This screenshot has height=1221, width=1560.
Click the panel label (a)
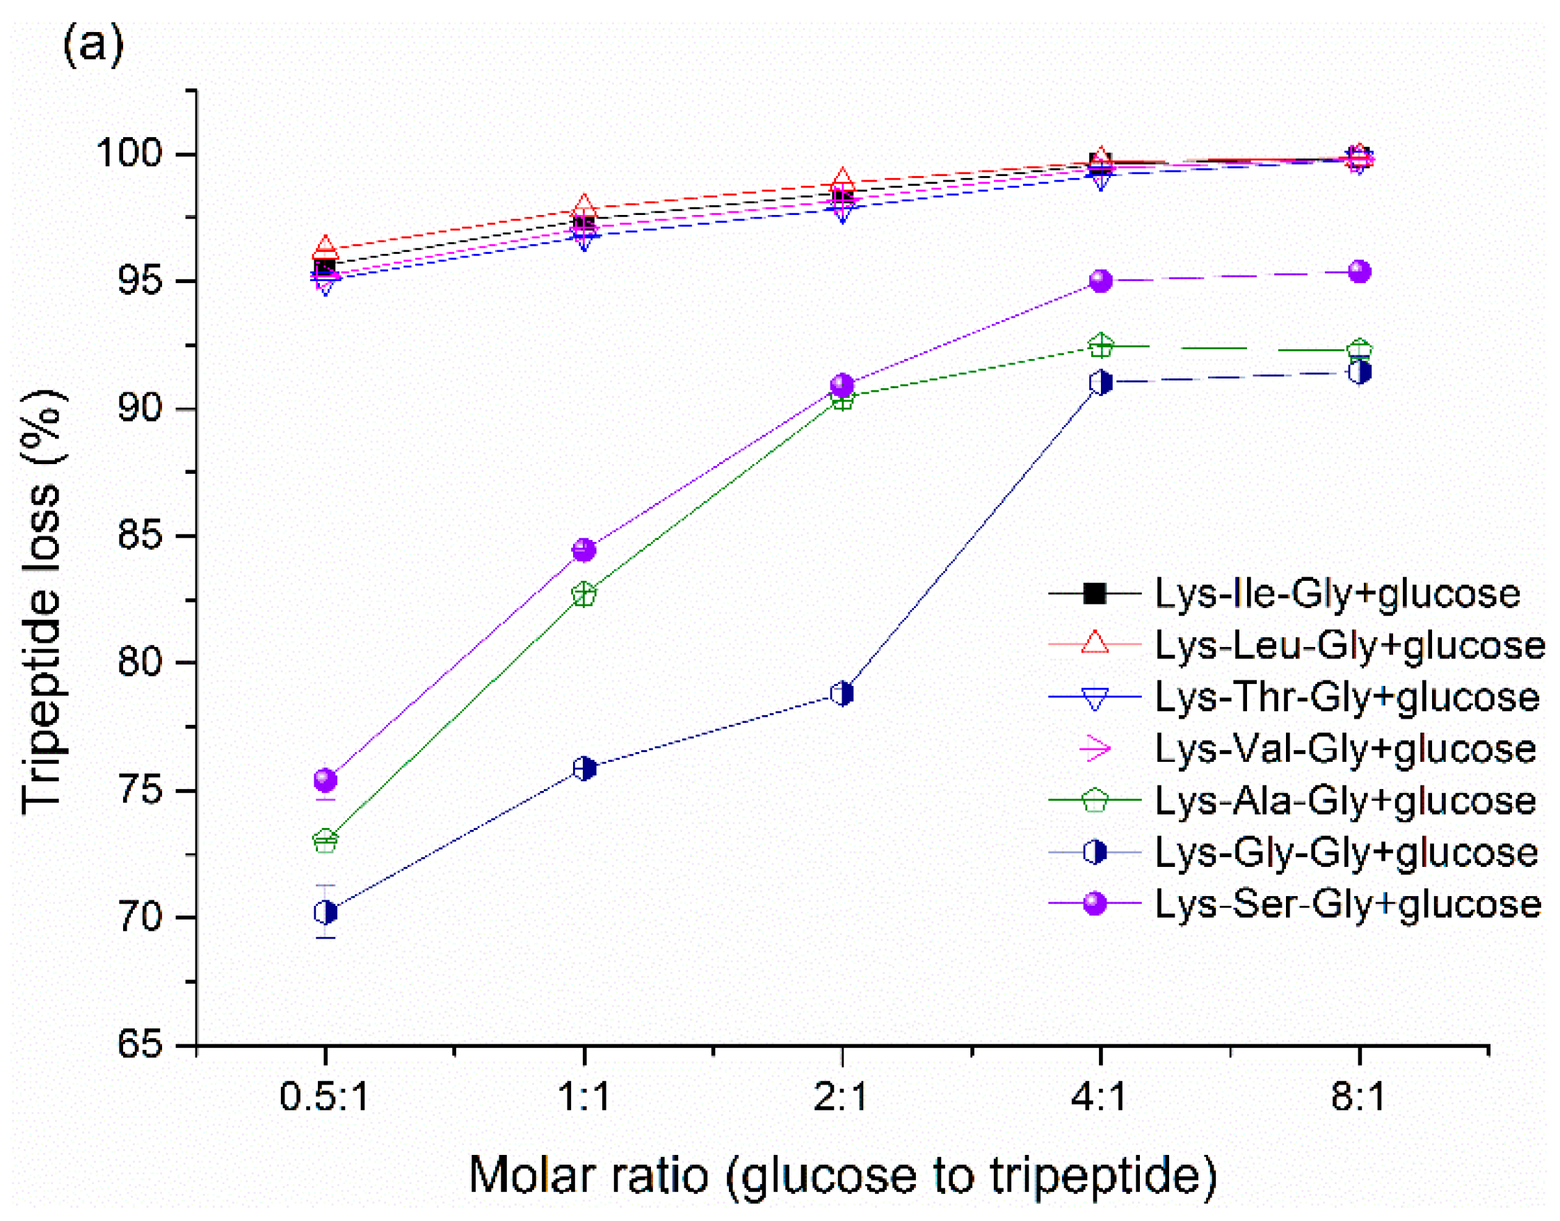coord(93,45)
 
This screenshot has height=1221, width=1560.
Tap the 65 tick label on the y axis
coord(140,1044)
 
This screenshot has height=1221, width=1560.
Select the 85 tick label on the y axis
coord(140,536)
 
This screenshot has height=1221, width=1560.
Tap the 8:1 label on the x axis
coord(1358,1096)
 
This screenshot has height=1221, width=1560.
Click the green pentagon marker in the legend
coord(1095,801)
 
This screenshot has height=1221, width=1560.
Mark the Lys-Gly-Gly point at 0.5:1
coord(325,912)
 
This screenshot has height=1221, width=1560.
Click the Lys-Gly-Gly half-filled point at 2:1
coord(842,694)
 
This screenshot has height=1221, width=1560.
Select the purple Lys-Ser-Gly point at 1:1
coord(584,550)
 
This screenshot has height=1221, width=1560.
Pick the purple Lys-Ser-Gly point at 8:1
coord(1358,271)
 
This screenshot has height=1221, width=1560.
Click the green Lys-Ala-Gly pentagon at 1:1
coord(584,594)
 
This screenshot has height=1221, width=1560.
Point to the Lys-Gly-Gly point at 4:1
coord(1100,383)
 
